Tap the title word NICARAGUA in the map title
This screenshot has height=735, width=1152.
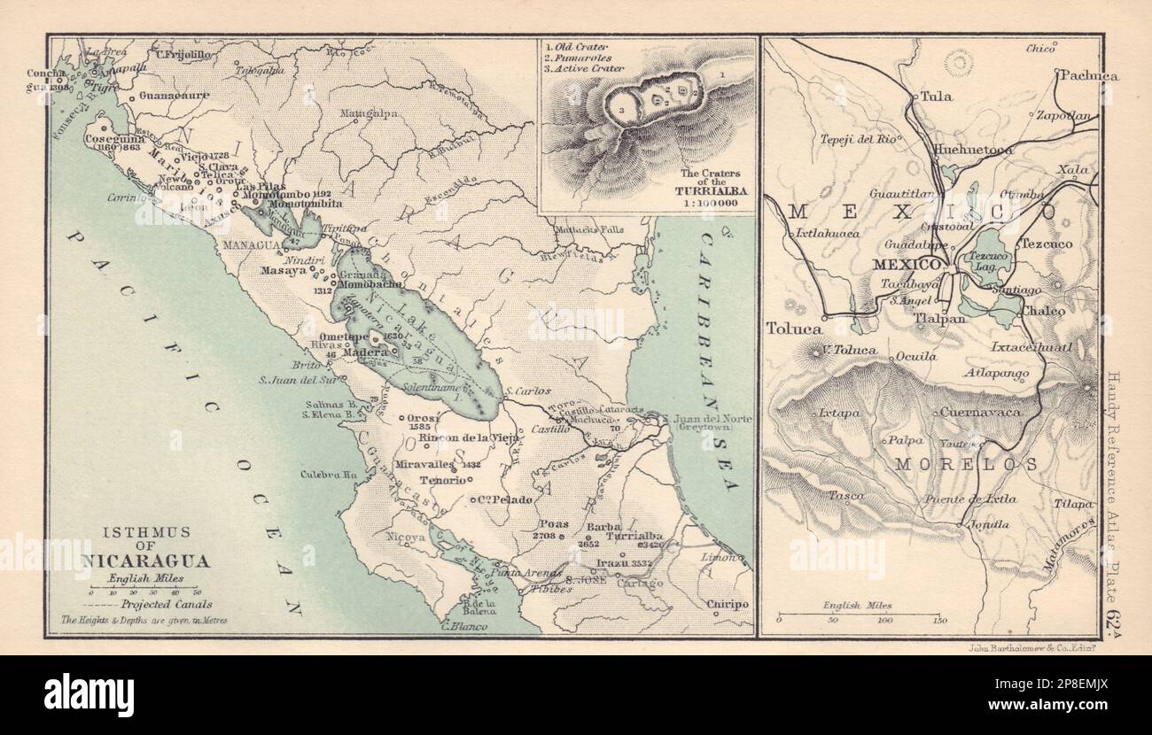[148, 561]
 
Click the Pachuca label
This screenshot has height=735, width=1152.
[1088, 76]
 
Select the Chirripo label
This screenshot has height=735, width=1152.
[728, 604]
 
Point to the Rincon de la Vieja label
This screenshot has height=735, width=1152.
[466, 437]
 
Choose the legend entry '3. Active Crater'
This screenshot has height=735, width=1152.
[586, 68]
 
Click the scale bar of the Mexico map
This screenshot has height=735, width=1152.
[857, 614]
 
